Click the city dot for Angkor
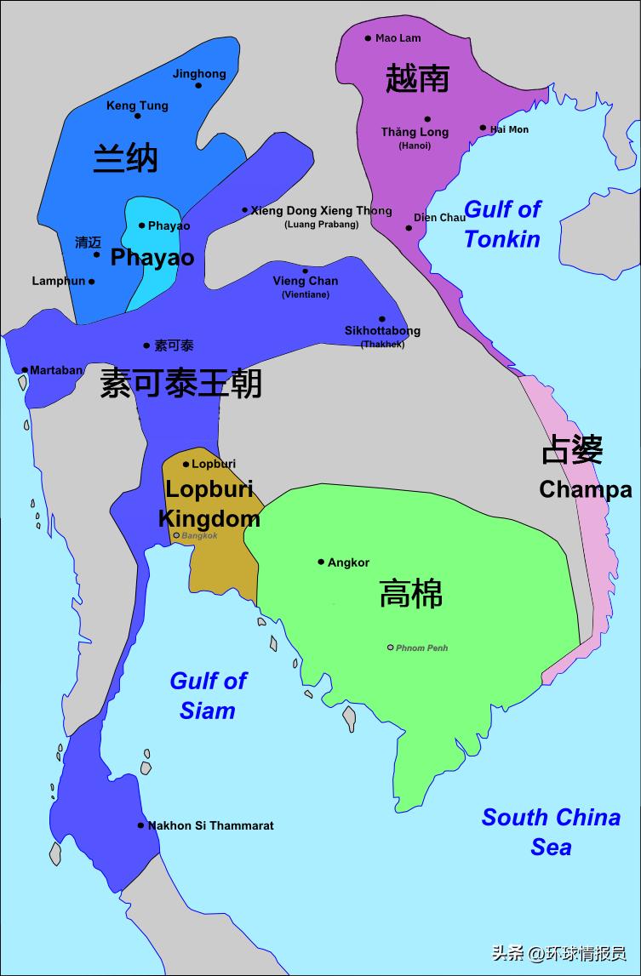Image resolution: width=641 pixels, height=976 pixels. [x=321, y=562]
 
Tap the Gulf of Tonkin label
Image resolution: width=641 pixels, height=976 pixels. [x=502, y=224]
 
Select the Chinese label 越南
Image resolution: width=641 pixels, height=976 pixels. [x=417, y=78]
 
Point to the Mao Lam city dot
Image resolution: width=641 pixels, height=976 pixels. [x=368, y=38]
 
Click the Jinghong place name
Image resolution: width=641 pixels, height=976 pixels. [x=199, y=74]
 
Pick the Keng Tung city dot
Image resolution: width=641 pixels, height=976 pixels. [x=136, y=117]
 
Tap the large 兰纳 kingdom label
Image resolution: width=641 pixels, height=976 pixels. [x=125, y=158]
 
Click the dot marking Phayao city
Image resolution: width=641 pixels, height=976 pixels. [x=142, y=225]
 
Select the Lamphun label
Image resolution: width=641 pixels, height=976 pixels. [x=58, y=281]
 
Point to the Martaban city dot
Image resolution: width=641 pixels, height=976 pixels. [x=25, y=370]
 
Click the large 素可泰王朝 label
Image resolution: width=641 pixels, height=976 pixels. [x=180, y=383]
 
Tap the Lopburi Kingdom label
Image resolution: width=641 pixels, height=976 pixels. [x=209, y=504]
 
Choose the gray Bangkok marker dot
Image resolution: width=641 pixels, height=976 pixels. [x=176, y=535]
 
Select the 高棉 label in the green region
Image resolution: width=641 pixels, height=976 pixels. [x=411, y=594]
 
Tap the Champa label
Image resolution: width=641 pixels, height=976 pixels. [x=586, y=490]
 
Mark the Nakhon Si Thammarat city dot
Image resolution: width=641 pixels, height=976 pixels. [x=141, y=825]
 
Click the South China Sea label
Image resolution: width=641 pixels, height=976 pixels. [x=551, y=831]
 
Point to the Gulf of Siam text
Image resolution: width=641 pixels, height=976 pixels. [x=208, y=695]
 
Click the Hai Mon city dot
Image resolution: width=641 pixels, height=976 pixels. [x=483, y=128]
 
